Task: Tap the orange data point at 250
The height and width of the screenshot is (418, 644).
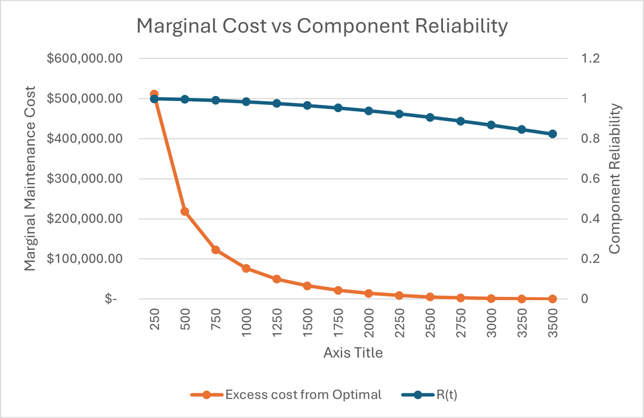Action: coord(154,95)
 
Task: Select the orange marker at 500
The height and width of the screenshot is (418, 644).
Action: coord(185,211)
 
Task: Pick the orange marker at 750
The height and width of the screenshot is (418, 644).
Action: coord(216,250)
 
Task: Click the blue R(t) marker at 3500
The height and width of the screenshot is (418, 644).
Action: coord(553,134)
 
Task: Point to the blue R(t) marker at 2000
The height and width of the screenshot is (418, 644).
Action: coord(368,111)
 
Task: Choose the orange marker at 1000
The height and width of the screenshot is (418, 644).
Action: coord(246,268)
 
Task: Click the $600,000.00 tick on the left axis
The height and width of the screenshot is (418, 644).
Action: coord(85,59)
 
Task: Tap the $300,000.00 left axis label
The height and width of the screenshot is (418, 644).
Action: coord(85,179)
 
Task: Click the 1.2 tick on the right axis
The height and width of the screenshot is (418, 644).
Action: coord(591,59)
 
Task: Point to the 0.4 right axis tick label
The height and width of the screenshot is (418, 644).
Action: coord(591,219)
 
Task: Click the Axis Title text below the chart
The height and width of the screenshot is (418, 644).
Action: coord(353,353)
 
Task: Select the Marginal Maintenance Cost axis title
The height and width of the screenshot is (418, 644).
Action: coord(30,179)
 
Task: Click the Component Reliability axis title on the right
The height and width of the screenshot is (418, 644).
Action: coord(614,179)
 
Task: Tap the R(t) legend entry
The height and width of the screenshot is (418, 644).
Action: coord(444,394)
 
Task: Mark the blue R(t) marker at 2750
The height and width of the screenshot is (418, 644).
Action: coord(460,121)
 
